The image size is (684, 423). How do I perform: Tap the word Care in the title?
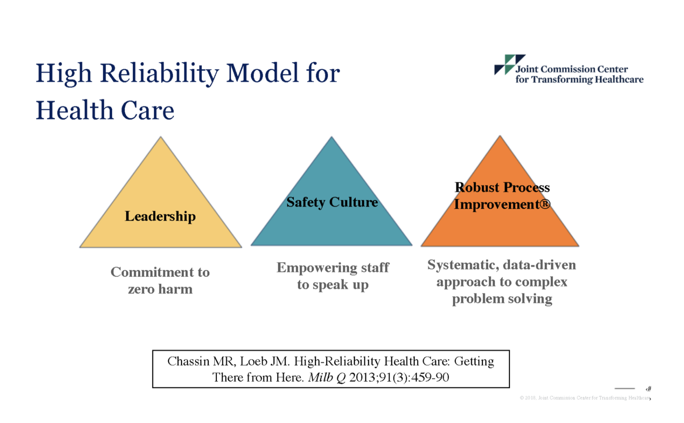tap(147, 111)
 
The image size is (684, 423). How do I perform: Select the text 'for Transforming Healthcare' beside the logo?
tap(579, 80)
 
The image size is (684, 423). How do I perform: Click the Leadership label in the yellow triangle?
tap(160, 216)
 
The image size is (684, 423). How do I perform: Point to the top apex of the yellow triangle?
tap(161, 138)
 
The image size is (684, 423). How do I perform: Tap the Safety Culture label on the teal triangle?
tap(332, 202)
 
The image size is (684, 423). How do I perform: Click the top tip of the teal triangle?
tap(331, 138)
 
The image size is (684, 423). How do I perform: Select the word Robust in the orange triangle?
tap(477, 187)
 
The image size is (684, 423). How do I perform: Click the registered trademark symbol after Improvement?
tap(545, 205)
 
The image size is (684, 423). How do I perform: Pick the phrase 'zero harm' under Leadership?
tap(160, 289)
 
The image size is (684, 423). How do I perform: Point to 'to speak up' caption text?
tap(333, 285)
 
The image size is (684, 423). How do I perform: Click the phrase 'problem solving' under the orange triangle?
tap(502, 299)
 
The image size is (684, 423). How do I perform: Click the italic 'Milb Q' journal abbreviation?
tap(326, 378)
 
